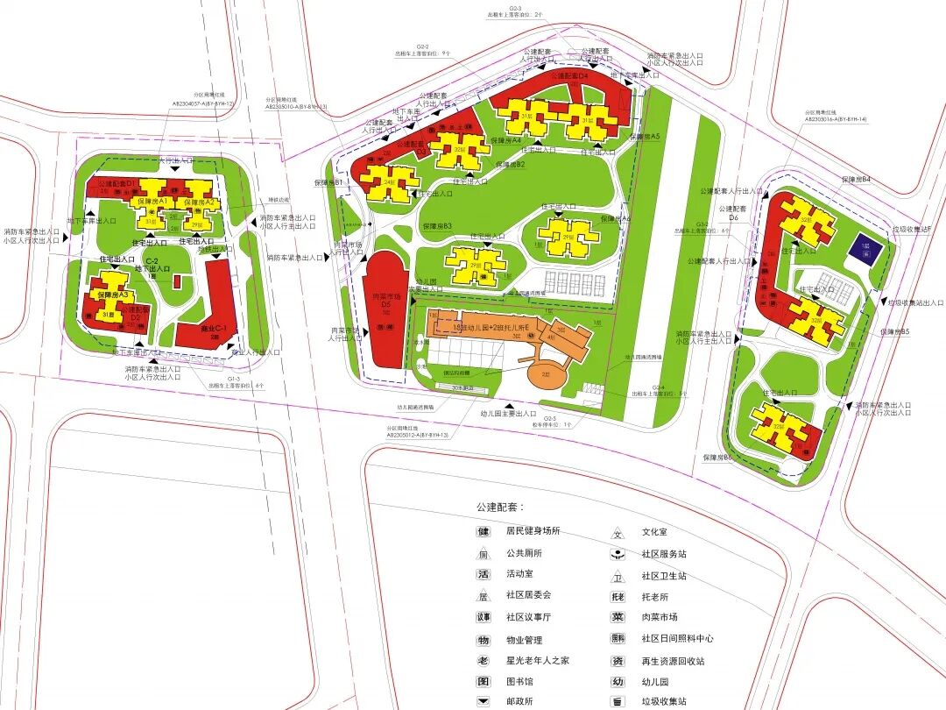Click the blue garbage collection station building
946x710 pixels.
[x=865, y=247]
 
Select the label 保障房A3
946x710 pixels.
[x=112, y=295]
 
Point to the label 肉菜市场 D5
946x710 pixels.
[x=386, y=302]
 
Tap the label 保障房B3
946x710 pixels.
[x=436, y=226]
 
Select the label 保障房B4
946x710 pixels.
[x=856, y=180]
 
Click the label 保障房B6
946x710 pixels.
[x=716, y=458]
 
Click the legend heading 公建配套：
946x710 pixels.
[x=500, y=507]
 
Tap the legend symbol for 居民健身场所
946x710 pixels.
[x=483, y=531]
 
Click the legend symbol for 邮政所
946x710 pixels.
[x=483, y=701]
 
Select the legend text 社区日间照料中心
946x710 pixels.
[x=677, y=639]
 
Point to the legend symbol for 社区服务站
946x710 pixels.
[x=618, y=554]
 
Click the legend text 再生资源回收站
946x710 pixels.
[x=673, y=661]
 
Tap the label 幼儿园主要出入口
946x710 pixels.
[x=508, y=413]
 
